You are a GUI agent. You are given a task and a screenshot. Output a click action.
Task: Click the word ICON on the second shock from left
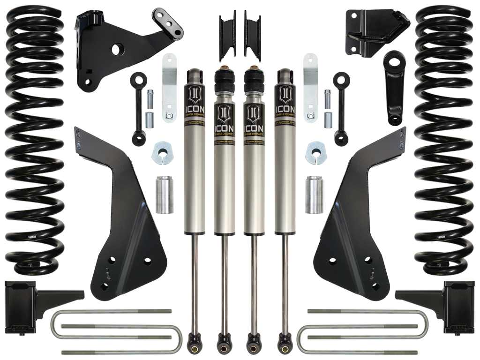point(224,127)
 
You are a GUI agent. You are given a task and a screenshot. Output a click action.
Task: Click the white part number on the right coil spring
point(441,237)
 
